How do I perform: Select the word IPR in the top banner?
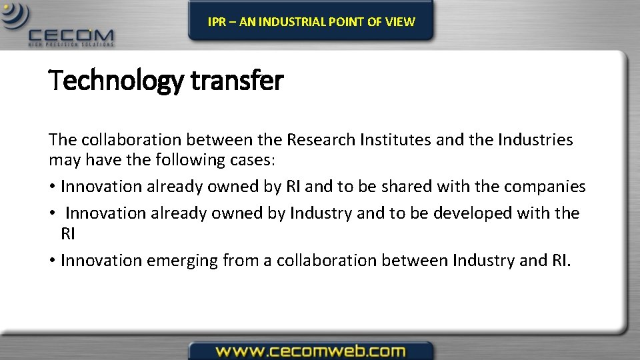tap(217, 22)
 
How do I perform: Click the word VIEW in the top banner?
tap(400, 22)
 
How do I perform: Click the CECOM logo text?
tap(71, 35)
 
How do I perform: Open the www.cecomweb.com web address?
tap(310, 350)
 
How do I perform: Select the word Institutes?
tap(389, 140)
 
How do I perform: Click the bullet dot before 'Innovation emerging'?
tap(52, 261)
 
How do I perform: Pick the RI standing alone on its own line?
tap(67, 234)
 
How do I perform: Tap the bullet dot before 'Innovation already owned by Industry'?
tap(52, 213)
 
